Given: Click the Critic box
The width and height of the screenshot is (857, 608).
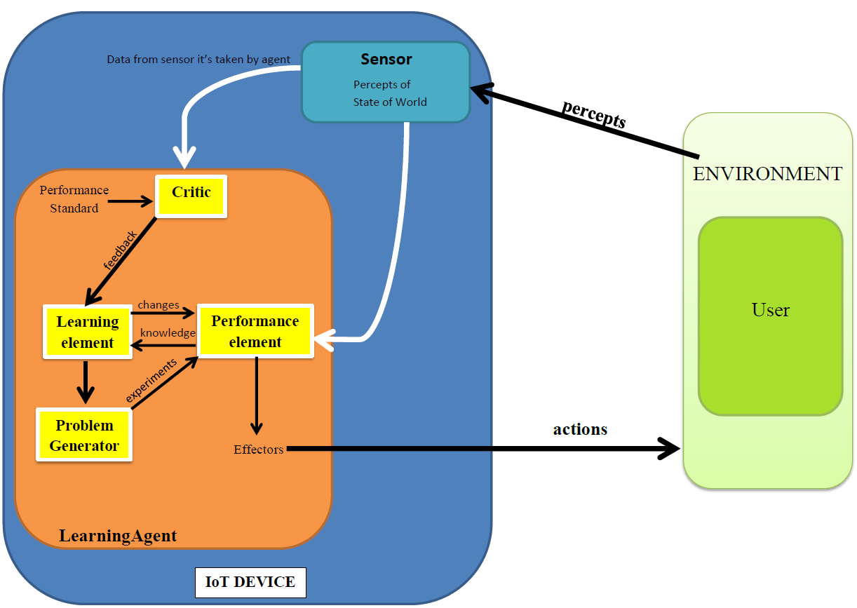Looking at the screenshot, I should (x=191, y=196).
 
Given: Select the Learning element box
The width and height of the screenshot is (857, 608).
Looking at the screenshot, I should (x=88, y=332).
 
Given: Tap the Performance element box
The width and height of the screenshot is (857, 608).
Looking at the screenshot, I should (x=255, y=331).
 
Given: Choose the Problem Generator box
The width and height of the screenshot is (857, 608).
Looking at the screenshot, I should (x=84, y=435).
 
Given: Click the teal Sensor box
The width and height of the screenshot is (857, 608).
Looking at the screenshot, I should (x=386, y=81).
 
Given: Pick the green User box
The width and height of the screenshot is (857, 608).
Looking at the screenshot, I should (x=770, y=316).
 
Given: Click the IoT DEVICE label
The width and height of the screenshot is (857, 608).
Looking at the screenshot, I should (x=250, y=582).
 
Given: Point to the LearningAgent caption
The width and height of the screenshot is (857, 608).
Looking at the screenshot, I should (x=118, y=536).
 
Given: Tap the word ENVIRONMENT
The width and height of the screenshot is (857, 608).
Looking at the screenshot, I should (x=767, y=174).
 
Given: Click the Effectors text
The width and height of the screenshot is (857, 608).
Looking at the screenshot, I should (x=258, y=450).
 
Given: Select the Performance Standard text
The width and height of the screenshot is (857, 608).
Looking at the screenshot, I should (x=74, y=199).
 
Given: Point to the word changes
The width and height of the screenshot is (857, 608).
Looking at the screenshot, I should (x=158, y=305).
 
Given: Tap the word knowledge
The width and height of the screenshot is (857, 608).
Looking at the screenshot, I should (x=167, y=333).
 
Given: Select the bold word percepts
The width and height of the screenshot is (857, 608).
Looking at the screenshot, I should (x=593, y=113).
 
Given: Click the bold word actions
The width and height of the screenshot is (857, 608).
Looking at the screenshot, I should (x=580, y=429).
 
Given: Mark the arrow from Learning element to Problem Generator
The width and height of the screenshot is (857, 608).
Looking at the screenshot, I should (x=86, y=382).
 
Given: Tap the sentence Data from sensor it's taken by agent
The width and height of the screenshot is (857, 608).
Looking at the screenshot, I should (x=198, y=60).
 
